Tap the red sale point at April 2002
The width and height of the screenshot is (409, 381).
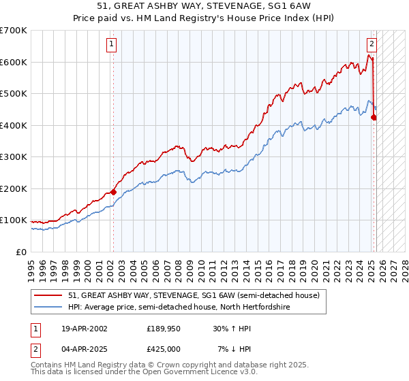[113, 192]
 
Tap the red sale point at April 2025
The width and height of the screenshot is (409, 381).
[374, 118]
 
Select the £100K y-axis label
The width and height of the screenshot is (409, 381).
[14, 220]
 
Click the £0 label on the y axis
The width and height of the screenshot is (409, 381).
[21, 252]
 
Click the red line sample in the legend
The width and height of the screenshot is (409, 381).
[48, 295]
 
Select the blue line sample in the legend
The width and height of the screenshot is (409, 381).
[48, 308]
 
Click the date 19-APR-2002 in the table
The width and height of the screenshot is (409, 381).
[84, 329]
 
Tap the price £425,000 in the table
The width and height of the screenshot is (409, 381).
[164, 349]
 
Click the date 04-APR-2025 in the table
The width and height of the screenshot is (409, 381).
[84, 349]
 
